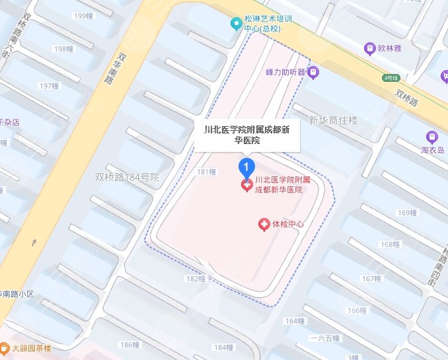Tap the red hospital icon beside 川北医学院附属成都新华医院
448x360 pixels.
point(246,185)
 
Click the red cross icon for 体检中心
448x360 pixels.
point(264,225)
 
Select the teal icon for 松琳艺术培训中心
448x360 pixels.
point(235,24)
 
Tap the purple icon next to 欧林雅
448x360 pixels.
point(370,48)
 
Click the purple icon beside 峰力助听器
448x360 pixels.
point(314,71)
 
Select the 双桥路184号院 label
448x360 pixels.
point(128,177)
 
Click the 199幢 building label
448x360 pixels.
point(84,15)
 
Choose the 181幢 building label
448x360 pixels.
point(207,172)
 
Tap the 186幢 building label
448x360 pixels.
point(130,345)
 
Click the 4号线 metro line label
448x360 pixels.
point(392,77)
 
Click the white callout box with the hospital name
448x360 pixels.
point(247,135)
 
